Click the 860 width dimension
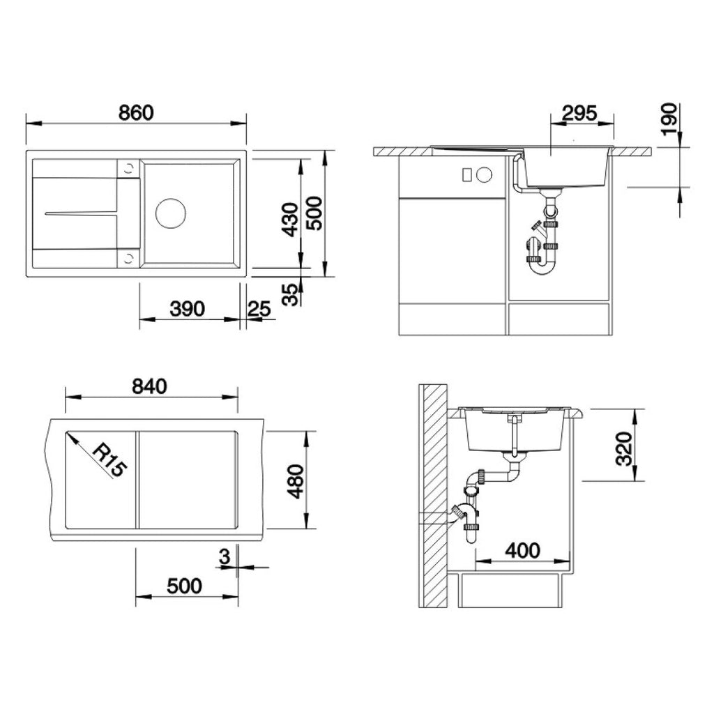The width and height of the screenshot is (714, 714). pyautogui.click(x=136, y=113)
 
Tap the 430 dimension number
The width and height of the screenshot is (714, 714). pyautogui.click(x=290, y=220)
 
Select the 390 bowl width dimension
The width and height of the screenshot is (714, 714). pyautogui.click(x=187, y=309)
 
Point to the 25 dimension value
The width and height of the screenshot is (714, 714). pyautogui.click(x=259, y=309)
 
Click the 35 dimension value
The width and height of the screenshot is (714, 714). pyautogui.click(x=290, y=295)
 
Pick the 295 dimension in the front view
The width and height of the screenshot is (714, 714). pyautogui.click(x=579, y=113)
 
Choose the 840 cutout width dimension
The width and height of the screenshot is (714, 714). pyautogui.click(x=149, y=386)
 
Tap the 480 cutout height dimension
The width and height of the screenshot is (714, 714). pyautogui.click(x=296, y=481)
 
